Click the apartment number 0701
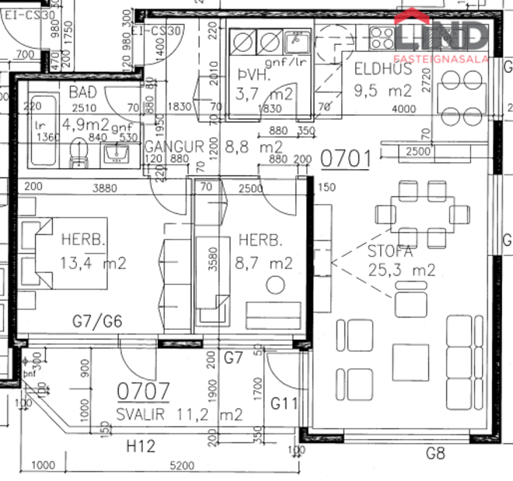click(x=345, y=159)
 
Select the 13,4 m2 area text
click(x=92, y=263)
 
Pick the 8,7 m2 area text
click(x=265, y=263)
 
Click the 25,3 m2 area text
click(x=401, y=271)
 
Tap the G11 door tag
click(x=285, y=403)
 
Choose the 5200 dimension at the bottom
click(x=180, y=465)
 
